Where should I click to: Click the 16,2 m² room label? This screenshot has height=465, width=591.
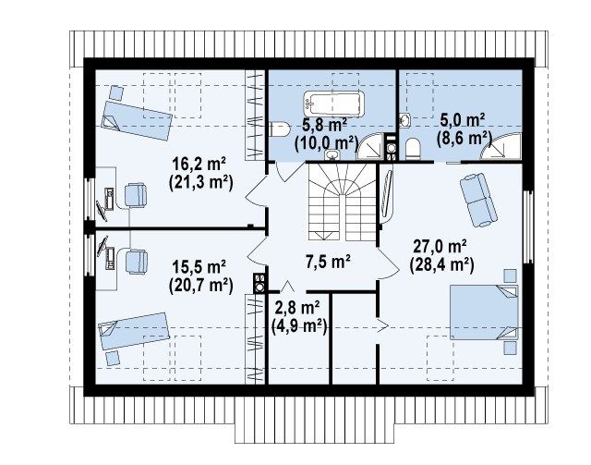[199, 164]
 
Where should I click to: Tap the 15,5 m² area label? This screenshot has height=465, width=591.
[199, 266]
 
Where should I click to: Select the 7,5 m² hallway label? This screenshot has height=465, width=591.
[329, 262]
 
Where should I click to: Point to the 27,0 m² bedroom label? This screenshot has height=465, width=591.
[440, 247]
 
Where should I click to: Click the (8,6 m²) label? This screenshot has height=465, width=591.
[464, 138]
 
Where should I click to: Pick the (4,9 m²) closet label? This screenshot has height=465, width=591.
[299, 325]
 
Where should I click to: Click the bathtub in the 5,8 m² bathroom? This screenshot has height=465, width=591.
[334, 104]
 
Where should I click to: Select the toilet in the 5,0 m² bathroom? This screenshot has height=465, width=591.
[413, 149]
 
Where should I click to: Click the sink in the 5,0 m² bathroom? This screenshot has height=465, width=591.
[404, 120]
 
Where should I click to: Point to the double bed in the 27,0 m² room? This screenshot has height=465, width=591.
[484, 312]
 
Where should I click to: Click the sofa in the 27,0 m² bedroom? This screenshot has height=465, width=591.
[478, 200]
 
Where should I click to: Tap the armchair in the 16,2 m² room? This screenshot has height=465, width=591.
[136, 195]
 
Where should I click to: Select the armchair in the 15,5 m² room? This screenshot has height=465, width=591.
[136, 262]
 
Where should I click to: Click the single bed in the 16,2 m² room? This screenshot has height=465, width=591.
[137, 120]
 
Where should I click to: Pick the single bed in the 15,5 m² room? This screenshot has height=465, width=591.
[134, 331]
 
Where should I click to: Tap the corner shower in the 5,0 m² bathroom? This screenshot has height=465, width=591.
[501, 147]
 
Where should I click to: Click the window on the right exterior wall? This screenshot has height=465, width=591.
[528, 226]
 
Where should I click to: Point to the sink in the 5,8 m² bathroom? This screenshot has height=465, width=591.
[332, 154]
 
